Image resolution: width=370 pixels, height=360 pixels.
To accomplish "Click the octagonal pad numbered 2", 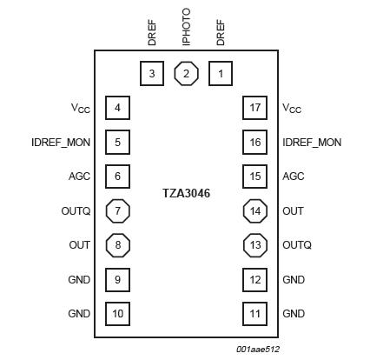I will (186, 73).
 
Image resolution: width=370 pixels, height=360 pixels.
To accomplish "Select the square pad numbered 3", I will (152, 73).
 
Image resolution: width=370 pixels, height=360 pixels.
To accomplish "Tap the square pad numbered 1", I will (220, 73).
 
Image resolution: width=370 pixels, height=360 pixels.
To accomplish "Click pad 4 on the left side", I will (117, 108).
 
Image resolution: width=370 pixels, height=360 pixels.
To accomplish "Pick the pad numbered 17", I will (254, 108).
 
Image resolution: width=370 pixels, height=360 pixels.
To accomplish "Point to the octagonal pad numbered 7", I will (117, 210).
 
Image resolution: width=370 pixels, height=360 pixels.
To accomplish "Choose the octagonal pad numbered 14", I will (254, 210).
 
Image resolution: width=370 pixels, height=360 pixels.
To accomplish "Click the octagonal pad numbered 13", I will (254, 244).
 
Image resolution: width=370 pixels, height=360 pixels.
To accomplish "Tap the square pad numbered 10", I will (117, 313).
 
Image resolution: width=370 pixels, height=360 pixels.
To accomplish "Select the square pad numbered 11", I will (254, 313).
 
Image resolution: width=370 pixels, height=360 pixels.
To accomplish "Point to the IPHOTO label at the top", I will (186, 27).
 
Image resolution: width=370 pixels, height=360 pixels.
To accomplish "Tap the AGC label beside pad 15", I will (294, 177).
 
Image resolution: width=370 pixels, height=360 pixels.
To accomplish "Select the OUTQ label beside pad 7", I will (76, 210).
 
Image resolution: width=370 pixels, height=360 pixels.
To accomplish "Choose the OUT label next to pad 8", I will (80, 245).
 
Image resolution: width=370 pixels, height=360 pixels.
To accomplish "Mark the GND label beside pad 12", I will (294, 279).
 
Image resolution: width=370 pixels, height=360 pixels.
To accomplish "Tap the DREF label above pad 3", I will (152, 34).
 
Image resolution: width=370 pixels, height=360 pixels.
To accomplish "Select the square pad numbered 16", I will (254, 142).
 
